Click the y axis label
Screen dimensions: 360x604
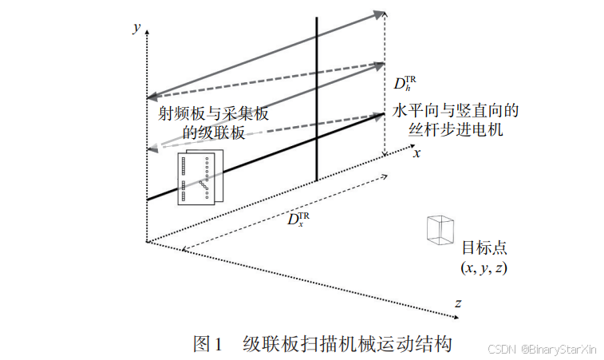(x=137, y=27)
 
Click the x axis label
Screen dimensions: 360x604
(x=416, y=152)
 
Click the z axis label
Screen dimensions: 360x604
(x=458, y=303)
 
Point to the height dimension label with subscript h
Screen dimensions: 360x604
(x=405, y=83)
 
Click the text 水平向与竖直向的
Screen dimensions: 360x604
(x=456, y=110)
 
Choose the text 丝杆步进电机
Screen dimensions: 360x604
(x=456, y=129)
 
